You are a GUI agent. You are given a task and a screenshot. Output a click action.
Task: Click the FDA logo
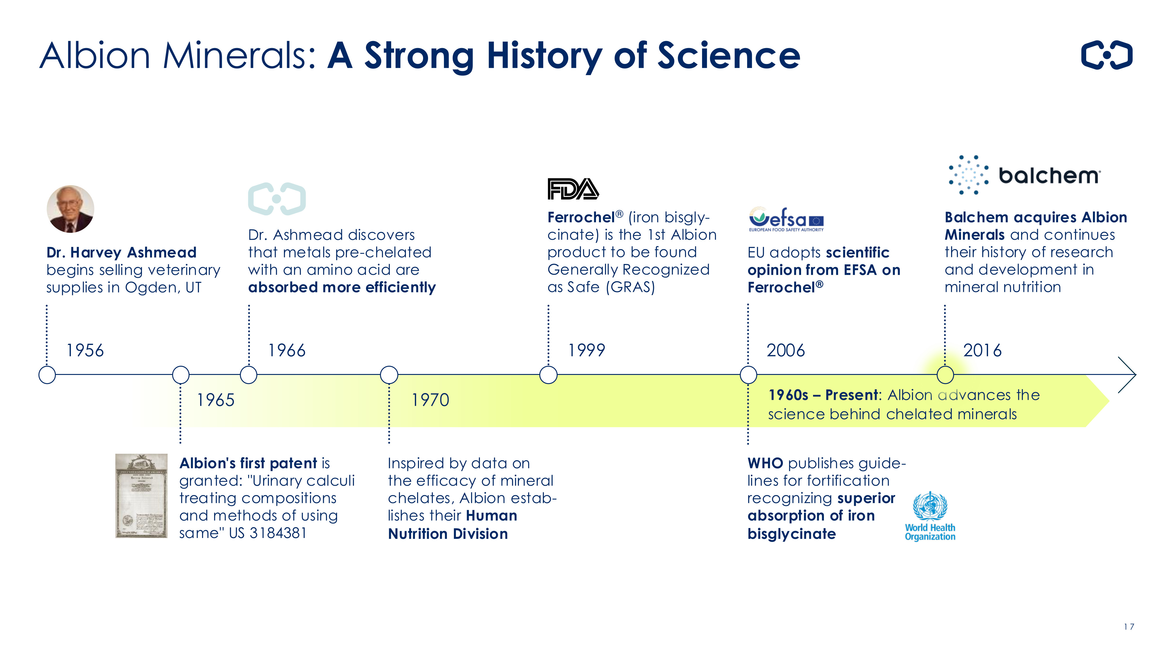pyautogui.click(x=573, y=189)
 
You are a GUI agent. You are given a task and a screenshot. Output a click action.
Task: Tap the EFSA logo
pyautogui.click(x=786, y=219)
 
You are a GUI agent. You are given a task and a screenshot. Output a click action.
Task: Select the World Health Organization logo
pyautogui.click(x=930, y=516)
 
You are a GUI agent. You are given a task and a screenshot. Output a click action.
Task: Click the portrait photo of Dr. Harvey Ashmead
pyautogui.click(x=71, y=209)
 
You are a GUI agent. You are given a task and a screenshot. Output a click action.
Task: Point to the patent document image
pyautogui.click(x=142, y=495)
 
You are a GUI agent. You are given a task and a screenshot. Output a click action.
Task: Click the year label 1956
pyautogui.click(x=85, y=350)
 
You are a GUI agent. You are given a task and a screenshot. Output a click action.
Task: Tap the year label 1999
pyautogui.click(x=587, y=350)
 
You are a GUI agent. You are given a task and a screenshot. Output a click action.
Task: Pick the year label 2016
pyautogui.click(x=982, y=350)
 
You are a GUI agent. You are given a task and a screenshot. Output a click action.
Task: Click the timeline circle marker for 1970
pyautogui.click(x=389, y=375)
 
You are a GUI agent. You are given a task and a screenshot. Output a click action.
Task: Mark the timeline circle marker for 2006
pyautogui.click(x=748, y=375)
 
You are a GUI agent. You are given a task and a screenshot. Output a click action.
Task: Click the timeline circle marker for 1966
pyautogui.click(x=248, y=375)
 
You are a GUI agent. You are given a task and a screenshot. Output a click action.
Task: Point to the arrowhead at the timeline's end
pyautogui.click(x=1136, y=375)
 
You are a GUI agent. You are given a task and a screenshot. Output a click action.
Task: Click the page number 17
pyautogui.click(x=1129, y=627)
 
